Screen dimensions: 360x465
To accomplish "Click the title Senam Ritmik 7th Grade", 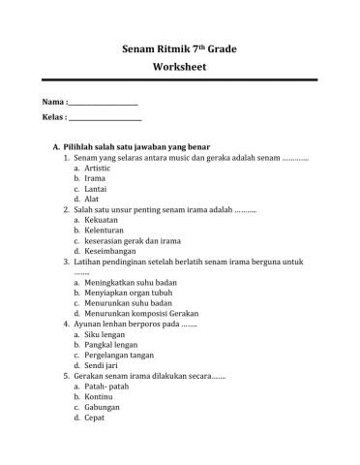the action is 180,47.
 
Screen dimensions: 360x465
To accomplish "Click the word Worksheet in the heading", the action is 180,69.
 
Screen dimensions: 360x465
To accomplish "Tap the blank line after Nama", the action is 104,103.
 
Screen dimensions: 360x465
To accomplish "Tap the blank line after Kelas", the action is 105,119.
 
